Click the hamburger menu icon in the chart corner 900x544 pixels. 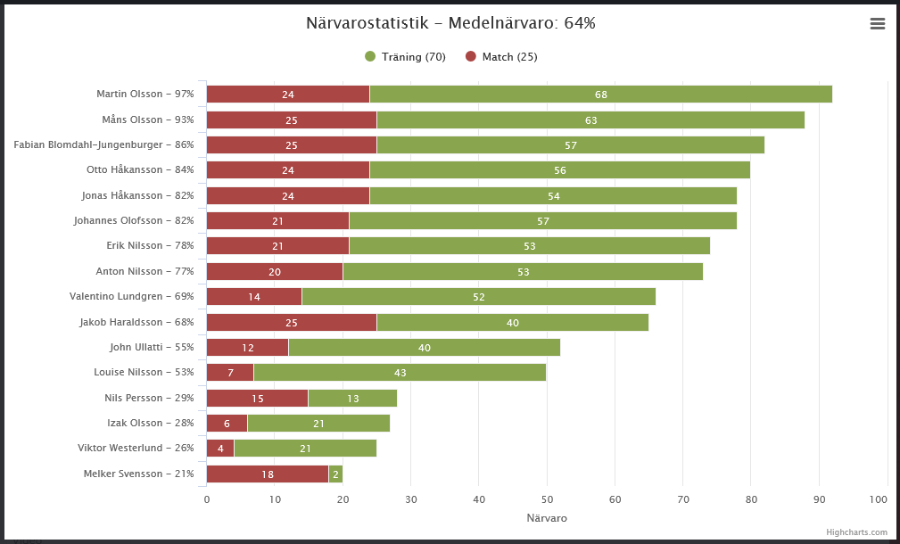pos(878,24)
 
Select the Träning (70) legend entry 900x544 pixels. pos(406,57)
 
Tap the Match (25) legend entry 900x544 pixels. pos(501,57)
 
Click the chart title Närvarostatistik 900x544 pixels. pos(450,23)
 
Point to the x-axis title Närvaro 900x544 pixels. pos(547,518)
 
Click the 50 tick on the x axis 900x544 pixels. pos(547,499)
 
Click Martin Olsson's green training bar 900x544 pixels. pos(600,95)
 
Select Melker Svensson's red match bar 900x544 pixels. pos(268,474)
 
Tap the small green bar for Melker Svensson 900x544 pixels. pos(335,474)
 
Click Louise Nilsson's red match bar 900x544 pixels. pos(230,373)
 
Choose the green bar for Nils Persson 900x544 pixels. pos(352,399)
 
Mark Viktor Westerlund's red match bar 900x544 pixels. pos(220,449)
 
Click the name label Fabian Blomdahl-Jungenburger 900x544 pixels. pos(103,144)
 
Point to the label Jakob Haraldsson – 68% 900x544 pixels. pos(136,322)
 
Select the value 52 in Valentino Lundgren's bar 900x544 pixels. pos(479,297)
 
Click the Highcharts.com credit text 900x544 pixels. pos(856,532)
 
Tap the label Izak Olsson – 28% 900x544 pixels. pos(147,424)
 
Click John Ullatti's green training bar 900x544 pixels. pos(424,348)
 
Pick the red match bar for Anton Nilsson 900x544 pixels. pos(275,272)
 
